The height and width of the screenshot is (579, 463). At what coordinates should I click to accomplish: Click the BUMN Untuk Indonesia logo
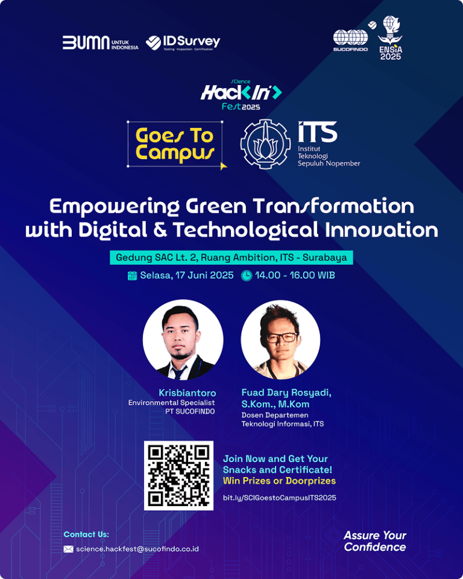point(101,43)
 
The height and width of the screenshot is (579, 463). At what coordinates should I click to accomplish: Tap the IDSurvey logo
point(183,43)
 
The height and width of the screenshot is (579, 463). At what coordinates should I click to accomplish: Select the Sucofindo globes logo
point(350,40)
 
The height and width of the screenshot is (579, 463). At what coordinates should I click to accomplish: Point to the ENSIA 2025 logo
point(390,37)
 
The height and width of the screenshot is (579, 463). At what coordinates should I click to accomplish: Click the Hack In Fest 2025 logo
point(241,95)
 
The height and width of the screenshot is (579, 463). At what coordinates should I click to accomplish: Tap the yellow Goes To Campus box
point(175,144)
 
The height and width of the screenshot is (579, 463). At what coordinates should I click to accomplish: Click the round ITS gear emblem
point(265,144)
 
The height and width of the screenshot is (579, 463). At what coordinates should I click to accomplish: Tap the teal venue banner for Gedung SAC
point(231,258)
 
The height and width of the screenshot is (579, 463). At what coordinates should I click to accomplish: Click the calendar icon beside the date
point(132,276)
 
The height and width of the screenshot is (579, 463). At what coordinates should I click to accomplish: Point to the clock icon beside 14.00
point(246,276)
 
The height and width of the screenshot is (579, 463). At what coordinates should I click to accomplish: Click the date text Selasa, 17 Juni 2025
point(187,276)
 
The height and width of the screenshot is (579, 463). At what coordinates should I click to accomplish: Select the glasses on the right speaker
point(282,338)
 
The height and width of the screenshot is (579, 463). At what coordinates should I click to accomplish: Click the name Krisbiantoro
point(187,393)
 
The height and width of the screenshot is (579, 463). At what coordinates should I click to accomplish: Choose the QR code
point(178,476)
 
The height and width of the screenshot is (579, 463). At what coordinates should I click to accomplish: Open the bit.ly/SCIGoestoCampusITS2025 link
point(280,498)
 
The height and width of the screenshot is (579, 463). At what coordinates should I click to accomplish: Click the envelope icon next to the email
point(68,549)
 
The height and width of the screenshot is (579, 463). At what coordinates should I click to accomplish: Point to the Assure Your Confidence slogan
point(375,541)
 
